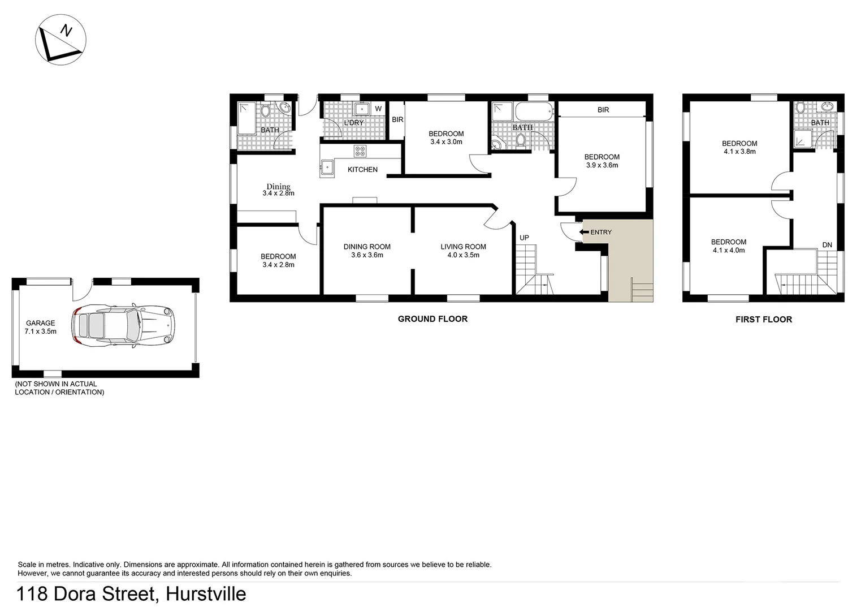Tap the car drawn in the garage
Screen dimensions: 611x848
123,326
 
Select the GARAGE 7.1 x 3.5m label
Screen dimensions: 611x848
41,328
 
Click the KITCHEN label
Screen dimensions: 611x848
362,170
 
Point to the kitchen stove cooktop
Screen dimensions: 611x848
360,151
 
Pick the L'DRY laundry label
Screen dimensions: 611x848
354,123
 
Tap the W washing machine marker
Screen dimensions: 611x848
378,109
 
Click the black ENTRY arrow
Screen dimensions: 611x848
585,232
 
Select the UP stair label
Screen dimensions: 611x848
524,238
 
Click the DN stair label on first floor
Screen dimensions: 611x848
827,245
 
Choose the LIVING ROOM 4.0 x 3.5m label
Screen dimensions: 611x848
463,251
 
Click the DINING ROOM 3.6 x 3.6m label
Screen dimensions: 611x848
367,251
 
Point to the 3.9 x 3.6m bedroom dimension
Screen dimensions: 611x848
602,165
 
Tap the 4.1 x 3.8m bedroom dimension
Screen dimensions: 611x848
739,152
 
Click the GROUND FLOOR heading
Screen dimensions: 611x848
432,319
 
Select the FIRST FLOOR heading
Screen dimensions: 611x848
763,320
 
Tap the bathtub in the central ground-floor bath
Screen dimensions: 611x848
533,111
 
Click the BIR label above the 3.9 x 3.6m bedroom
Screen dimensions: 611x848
603,110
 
